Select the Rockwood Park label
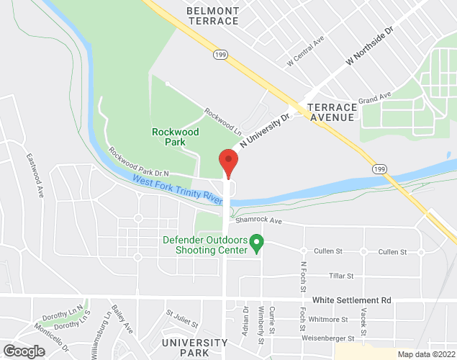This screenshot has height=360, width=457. point(175,137)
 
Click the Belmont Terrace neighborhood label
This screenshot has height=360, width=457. point(212,16)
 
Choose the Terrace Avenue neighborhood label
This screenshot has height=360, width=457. point(331,112)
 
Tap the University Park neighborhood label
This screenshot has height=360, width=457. point(184,348)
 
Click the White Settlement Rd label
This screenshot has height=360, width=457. point(351,299)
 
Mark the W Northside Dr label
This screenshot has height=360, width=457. point(371,48)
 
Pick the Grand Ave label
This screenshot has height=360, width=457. point(374,96)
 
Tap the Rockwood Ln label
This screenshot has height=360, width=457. point(222,122)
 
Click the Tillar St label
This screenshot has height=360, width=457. point(341,276)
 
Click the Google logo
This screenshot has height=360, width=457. point(23,351)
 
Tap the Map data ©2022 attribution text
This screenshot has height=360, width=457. point(425,354)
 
